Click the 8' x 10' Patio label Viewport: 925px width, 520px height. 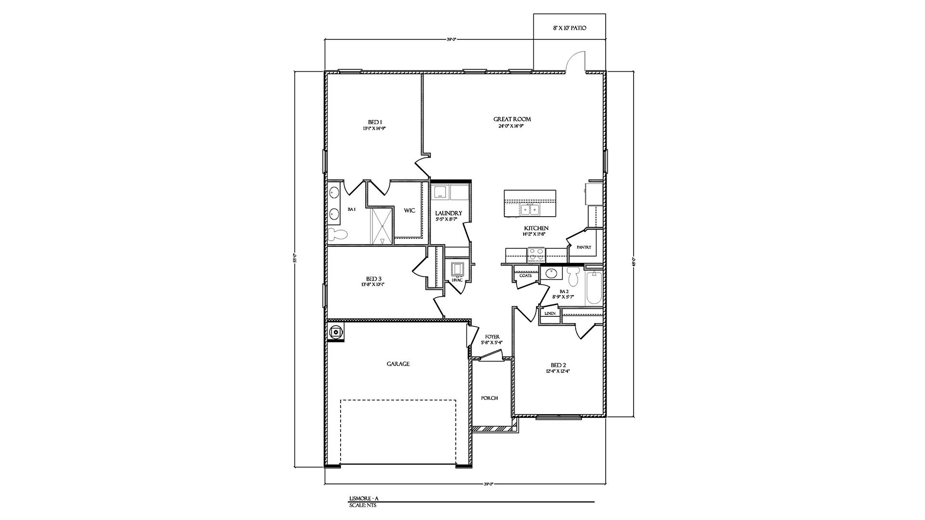tap(569, 28)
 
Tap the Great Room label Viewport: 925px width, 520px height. tap(512, 119)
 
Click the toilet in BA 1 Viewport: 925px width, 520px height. tap(338, 234)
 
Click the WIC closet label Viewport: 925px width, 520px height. tap(409, 211)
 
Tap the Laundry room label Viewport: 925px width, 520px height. tap(448, 213)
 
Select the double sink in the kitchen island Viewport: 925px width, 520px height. tap(530, 209)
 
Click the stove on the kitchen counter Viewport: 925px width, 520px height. tap(536, 254)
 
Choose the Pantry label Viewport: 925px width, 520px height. tap(583, 247)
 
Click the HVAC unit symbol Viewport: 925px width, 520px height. tap(457, 268)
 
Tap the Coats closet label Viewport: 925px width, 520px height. tap(525, 276)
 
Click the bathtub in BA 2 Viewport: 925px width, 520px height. tap(594, 287)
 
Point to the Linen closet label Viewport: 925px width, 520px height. tap(550, 313)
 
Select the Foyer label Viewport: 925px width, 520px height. tap(492, 337)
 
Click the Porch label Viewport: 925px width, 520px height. tap(489, 398)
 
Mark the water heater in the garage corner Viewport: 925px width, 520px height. tap(335, 332)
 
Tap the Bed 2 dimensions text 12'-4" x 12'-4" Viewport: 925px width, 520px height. tap(558, 371)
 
